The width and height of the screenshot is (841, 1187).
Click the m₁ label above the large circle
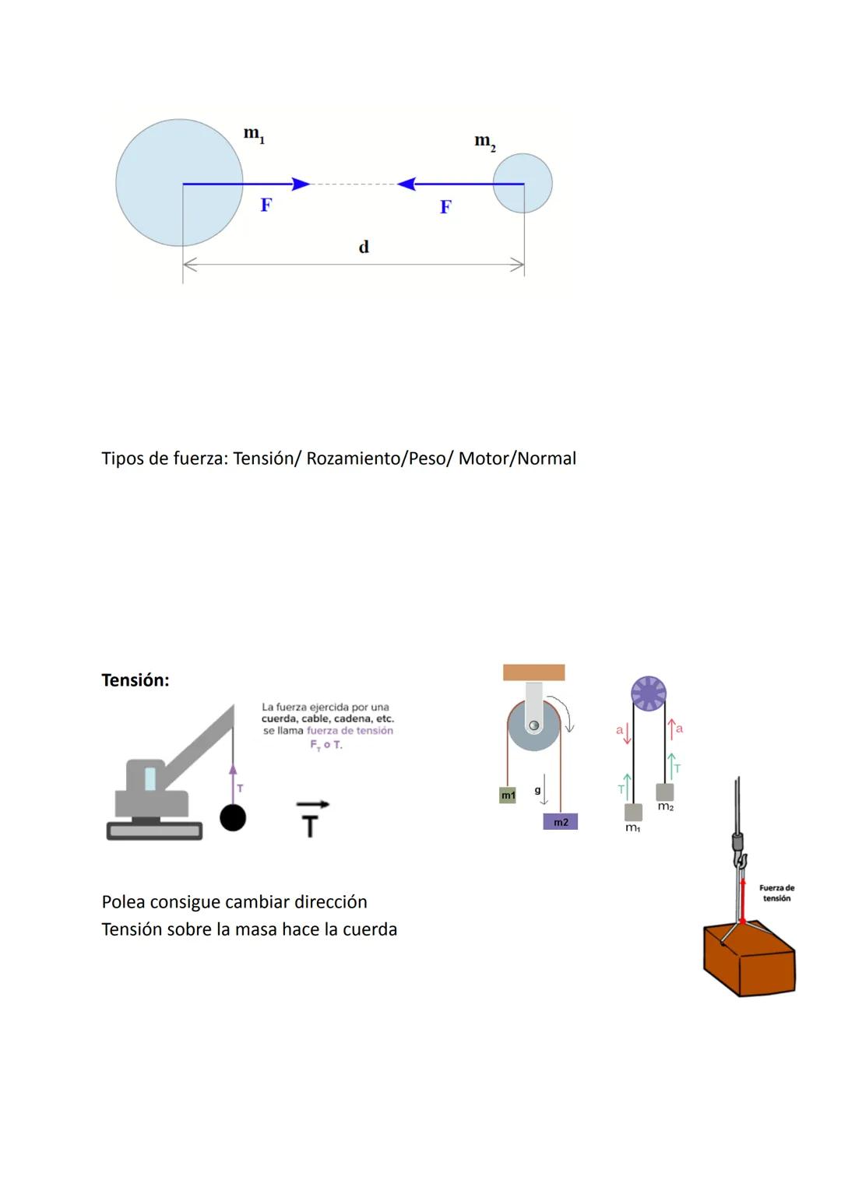[x=254, y=135]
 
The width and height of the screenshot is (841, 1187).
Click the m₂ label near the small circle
[x=484, y=142]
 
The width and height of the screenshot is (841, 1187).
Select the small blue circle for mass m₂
[x=523, y=183]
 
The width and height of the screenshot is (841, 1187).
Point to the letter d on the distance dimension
[x=363, y=248]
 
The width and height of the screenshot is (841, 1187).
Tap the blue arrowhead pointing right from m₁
[x=301, y=184]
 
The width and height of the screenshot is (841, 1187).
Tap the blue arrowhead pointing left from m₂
[x=406, y=184]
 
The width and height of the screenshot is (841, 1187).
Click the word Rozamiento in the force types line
[x=352, y=458]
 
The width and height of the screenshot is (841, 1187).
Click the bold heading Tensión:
[x=135, y=680]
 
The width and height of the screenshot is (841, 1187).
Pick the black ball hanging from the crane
[x=233, y=817]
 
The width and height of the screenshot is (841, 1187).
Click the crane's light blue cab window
[x=150, y=778]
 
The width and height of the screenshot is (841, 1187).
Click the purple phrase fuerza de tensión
[x=350, y=731]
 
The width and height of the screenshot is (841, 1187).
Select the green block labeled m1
[x=508, y=795]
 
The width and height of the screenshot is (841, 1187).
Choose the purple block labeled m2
[x=561, y=822]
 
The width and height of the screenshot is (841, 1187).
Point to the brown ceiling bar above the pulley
[x=533, y=673]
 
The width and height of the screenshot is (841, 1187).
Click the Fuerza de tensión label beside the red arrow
[x=776, y=893]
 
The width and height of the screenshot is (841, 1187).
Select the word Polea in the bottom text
[x=123, y=902]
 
